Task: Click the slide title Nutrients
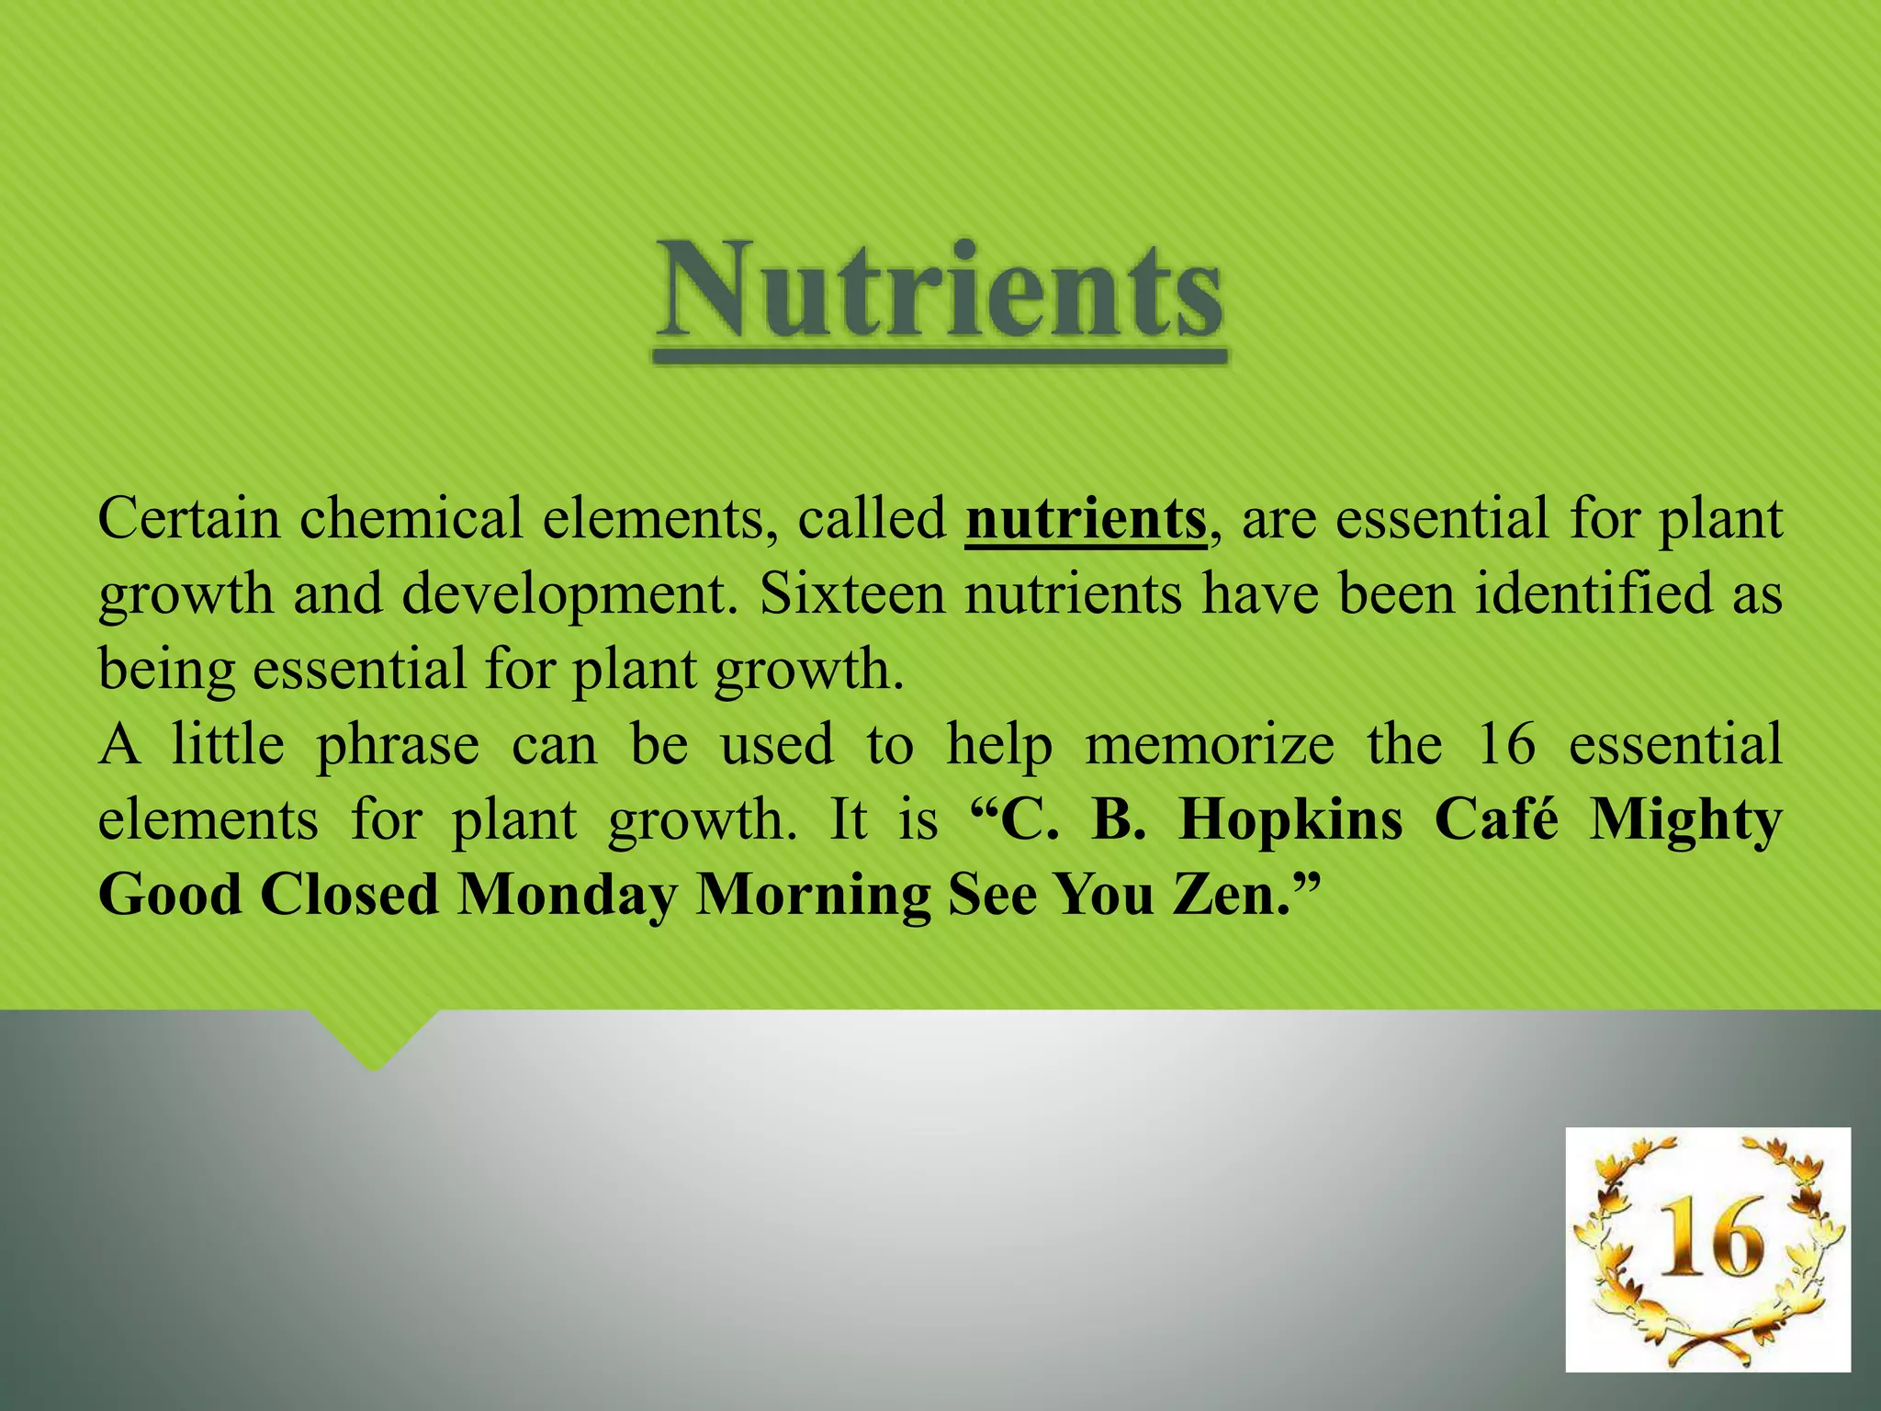click(x=940, y=290)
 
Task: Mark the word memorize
click(x=1209, y=744)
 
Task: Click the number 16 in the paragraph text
click(x=1505, y=744)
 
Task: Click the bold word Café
click(x=1496, y=819)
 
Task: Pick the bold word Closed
click(x=349, y=895)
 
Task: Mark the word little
click(x=228, y=744)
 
